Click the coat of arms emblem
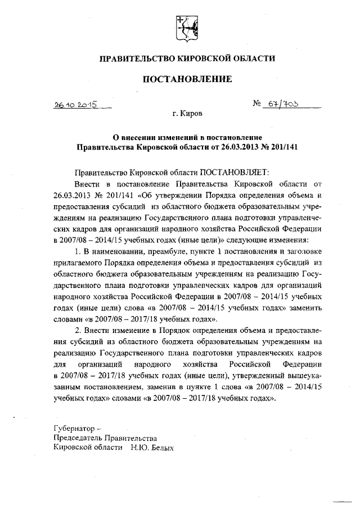183,28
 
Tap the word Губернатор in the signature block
71,428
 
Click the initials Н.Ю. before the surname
138,448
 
